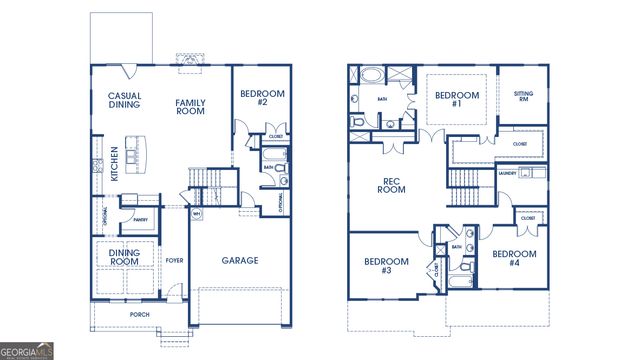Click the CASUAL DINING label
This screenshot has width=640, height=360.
(x=124, y=102)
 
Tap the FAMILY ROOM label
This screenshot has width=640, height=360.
(x=190, y=107)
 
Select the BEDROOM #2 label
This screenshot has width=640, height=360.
(x=262, y=98)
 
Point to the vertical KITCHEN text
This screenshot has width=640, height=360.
(x=114, y=163)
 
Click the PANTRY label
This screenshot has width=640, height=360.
(x=140, y=220)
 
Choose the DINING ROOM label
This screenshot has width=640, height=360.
(x=124, y=258)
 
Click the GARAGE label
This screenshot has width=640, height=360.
(x=240, y=260)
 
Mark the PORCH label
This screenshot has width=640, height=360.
(x=140, y=314)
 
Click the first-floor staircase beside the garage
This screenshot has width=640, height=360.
(x=207, y=181)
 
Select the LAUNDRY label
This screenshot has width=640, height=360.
(x=507, y=173)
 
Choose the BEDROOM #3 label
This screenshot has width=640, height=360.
(x=385, y=266)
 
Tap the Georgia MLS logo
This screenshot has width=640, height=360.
(x=28, y=351)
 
